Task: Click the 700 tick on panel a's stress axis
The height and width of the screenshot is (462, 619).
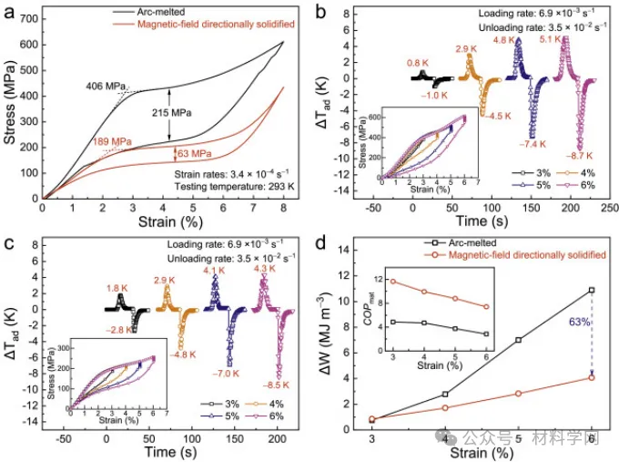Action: click(27, 17)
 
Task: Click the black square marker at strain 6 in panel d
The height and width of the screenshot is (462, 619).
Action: click(592, 290)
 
